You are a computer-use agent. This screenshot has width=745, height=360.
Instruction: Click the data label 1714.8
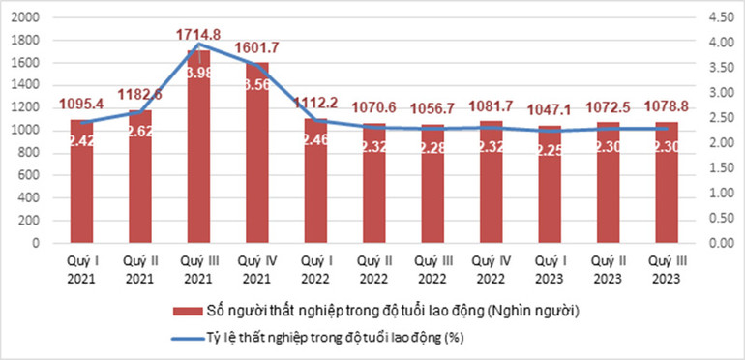198,35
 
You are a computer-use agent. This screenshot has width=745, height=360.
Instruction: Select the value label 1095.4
81,104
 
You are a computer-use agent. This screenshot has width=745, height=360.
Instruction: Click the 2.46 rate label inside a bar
315,140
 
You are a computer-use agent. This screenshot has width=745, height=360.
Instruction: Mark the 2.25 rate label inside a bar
550,149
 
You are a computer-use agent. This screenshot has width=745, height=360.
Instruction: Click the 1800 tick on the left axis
29,41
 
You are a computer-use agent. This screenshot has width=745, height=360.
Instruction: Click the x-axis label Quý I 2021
81,270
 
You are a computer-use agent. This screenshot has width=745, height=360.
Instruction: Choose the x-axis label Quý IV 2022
491,270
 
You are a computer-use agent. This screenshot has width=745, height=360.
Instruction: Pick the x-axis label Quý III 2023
666,270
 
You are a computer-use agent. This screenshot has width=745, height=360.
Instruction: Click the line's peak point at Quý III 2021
198,44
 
